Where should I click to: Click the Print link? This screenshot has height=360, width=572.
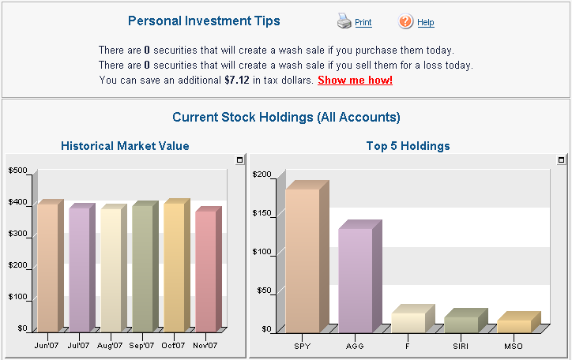point(363,23)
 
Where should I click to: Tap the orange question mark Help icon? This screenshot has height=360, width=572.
point(405,21)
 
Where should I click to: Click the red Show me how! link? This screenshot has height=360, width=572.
point(355,80)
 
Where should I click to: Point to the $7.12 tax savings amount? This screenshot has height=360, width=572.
point(237,80)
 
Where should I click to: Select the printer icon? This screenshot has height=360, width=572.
point(344,21)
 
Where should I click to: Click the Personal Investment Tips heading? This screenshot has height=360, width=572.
point(204,21)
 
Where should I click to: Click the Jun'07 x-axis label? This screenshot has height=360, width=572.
point(47,346)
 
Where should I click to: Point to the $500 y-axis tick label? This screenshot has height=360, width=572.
point(18,171)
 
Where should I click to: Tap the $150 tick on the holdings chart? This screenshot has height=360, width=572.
point(262,213)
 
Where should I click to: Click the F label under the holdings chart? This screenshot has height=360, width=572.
point(408,346)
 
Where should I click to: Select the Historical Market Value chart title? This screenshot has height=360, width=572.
point(125,146)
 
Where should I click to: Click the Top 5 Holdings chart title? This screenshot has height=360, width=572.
point(408,146)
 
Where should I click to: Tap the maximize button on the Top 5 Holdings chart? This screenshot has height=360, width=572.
point(561,159)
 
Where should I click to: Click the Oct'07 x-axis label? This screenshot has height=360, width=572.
point(173,346)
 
